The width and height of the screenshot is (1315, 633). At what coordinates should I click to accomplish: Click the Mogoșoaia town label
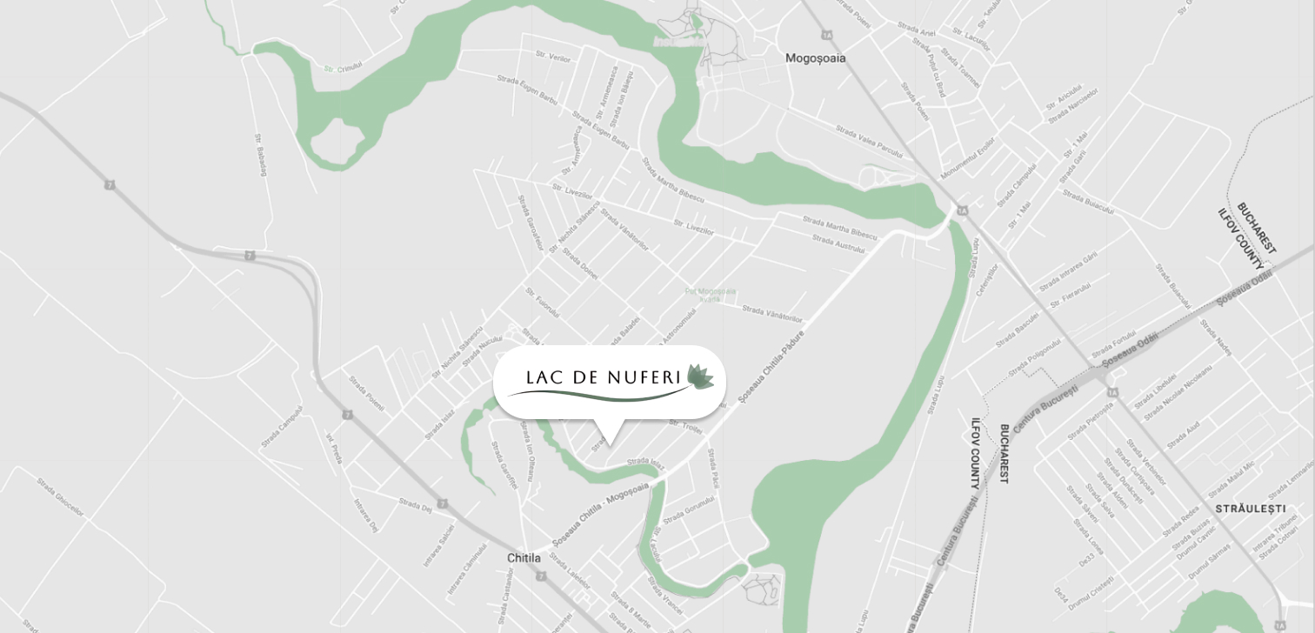point(815,58)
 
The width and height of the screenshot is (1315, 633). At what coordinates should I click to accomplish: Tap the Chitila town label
point(524,557)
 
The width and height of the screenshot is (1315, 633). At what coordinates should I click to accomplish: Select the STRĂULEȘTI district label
point(1250,508)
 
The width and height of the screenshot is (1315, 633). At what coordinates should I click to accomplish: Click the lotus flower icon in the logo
point(699,377)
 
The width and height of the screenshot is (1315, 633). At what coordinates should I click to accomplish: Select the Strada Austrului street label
point(838,244)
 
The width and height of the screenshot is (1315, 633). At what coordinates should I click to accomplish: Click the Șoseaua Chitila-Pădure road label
point(771,365)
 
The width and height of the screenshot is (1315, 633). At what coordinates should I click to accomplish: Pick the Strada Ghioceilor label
point(60,496)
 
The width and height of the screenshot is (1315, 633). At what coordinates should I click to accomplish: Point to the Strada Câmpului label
point(282,427)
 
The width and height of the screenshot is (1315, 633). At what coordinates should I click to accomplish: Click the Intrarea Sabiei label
point(439,545)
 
